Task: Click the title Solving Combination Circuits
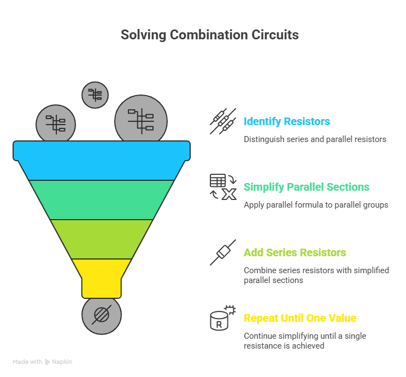209,36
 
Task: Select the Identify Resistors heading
286,121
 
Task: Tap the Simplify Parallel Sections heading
306,187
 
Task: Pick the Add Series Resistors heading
295,252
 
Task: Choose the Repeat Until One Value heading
299,318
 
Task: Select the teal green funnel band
102,199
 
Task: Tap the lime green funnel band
102,239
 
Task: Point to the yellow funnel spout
102,276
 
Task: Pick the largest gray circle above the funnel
141,120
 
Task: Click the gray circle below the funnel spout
102,315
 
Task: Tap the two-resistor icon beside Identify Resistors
222,121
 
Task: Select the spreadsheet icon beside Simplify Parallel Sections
222,187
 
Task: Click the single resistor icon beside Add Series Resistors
222,252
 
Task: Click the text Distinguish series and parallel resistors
315,139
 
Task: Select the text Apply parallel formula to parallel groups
316,205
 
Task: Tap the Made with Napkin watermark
43,362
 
